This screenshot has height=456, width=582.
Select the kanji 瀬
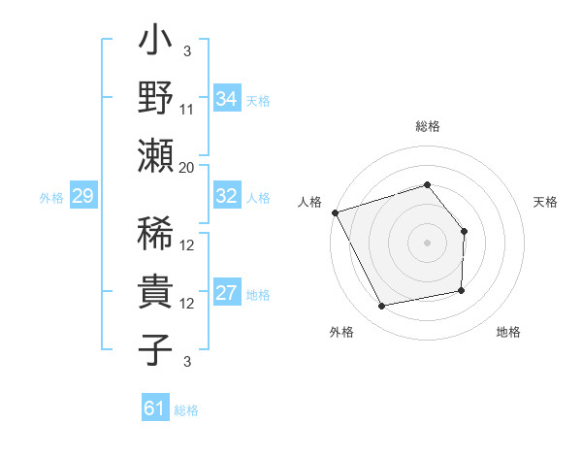click(155, 155)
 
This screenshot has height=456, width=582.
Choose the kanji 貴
click(155, 294)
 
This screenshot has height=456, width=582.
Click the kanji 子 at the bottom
click(155, 349)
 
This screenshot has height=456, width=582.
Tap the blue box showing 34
click(226, 99)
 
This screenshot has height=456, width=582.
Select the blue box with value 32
click(226, 196)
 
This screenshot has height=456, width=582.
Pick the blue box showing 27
click(226, 294)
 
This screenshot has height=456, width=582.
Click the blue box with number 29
click(82, 197)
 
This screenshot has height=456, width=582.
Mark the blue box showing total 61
click(154, 408)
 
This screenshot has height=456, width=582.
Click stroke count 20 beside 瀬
click(187, 167)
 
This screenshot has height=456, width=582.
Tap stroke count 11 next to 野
click(187, 110)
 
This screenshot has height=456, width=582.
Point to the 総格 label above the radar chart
click(427, 126)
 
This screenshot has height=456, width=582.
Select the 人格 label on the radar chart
click(310, 202)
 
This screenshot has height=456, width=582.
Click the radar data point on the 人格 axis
click(335, 212)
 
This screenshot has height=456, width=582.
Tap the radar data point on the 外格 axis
click(382, 307)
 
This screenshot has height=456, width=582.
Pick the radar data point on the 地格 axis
click(462, 290)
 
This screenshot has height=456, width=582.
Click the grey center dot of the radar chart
click(427, 242)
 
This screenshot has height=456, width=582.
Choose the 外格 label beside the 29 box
click(51, 198)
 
